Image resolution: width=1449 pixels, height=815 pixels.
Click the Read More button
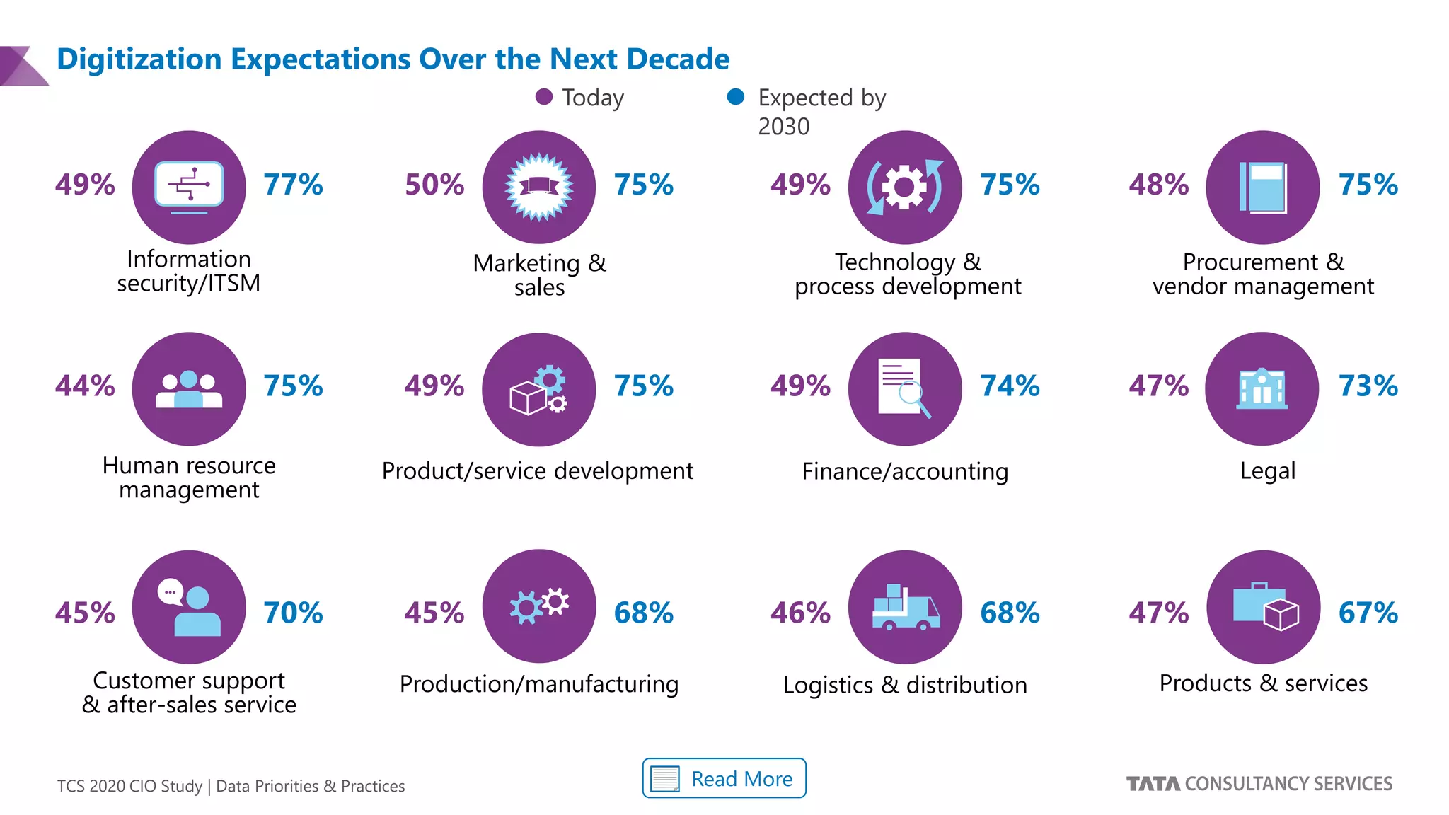(724, 778)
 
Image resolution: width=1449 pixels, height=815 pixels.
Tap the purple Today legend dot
(543, 97)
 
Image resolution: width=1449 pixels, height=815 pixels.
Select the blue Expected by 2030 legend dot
(736, 97)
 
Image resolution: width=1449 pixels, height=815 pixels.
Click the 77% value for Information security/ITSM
(293, 185)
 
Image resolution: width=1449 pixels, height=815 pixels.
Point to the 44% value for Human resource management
(85, 386)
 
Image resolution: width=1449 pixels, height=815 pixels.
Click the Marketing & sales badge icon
(539, 187)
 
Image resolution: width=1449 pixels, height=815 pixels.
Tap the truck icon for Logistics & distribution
(906, 608)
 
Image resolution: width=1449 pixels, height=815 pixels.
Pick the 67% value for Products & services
(1368, 613)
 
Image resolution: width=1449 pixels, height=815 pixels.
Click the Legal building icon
(1262, 388)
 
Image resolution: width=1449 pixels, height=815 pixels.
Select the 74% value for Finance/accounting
(1010, 386)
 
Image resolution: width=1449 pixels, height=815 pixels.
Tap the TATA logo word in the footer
(1153, 784)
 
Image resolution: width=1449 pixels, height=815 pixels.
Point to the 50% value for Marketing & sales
(434, 185)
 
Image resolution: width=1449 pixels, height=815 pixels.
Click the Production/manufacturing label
(539, 684)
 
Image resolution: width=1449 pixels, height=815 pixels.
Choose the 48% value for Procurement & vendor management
(1158, 185)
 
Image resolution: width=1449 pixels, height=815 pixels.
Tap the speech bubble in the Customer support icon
(171, 591)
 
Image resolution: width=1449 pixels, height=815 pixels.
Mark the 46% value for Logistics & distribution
(800, 613)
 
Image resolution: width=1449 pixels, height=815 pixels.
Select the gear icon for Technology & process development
(904, 187)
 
